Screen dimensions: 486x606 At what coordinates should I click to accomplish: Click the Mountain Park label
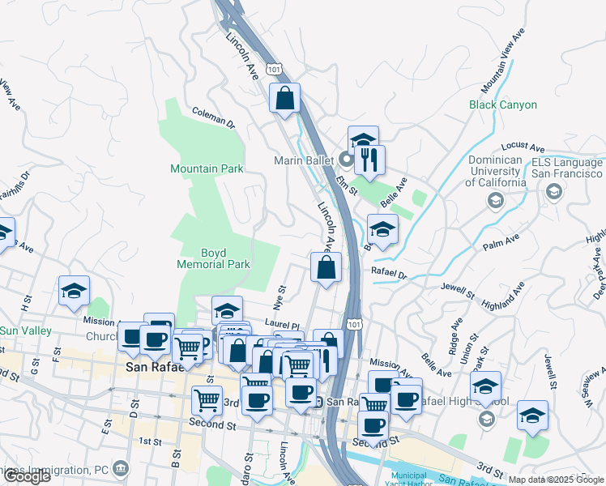pyautogui.click(x=207, y=168)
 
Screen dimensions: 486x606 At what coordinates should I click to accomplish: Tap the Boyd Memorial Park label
pyautogui.click(x=214, y=258)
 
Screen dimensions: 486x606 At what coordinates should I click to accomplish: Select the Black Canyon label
pyautogui.click(x=502, y=104)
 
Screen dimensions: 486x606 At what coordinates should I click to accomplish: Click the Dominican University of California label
pyautogui.click(x=494, y=172)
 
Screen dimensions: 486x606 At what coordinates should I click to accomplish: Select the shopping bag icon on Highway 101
pyautogui.click(x=284, y=98)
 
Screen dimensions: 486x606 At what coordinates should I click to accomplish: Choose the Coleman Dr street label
pyautogui.click(x=213, y=119)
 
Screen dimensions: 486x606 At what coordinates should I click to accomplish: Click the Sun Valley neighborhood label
pyautogui.click(x=25, y=330)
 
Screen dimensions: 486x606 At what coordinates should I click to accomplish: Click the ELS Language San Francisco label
pyautogui.click(x=566, y=168)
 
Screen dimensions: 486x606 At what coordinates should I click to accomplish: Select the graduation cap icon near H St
pyautogui.click(x=74, y=291)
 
